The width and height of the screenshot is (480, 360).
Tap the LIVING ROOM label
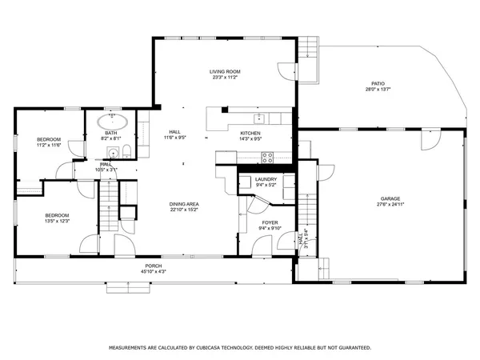coord(226,71)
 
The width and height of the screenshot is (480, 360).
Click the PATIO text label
coord(378,82)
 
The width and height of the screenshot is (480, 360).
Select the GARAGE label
coord(390,198)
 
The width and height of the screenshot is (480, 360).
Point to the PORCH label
coord(153,266)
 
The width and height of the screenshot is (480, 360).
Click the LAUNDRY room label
coord(266,179)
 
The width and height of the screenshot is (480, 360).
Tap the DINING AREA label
coord(183,204)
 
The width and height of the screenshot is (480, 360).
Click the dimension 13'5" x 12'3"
coord(57,220)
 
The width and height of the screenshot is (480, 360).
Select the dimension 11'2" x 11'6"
coord(49,146)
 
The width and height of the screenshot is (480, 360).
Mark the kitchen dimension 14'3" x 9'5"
coord(251,138)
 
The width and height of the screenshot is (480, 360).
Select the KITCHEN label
coord(251,133)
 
